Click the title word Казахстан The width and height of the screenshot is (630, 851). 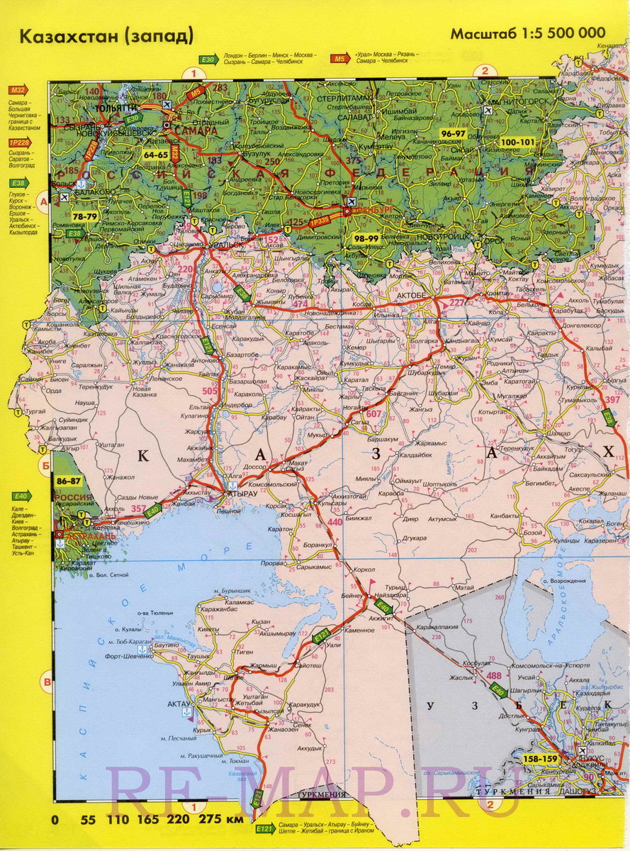pos(67,36)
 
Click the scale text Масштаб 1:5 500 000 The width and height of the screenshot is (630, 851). pos(528,33)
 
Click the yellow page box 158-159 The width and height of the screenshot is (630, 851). pos(539,759)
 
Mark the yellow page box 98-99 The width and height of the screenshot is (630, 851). pos(368,239)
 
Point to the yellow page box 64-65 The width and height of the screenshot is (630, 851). pos(155,154)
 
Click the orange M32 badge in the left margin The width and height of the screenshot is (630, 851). pos(17,90)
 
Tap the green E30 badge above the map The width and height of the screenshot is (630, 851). pos(207,60)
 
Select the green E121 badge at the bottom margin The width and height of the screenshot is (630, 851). pos(265,828)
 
